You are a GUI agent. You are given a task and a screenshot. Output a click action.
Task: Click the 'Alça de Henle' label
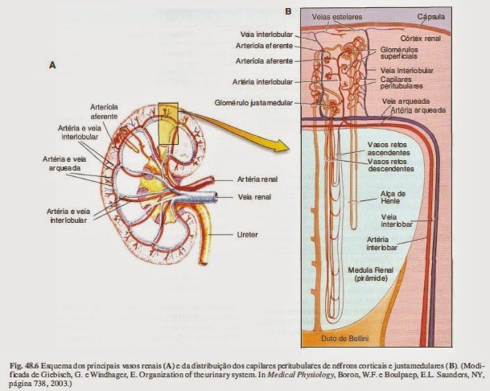(395, 197)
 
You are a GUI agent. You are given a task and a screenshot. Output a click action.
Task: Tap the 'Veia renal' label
(256, 196)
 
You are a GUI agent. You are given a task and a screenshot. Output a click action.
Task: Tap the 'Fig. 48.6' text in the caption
(22, 356)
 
